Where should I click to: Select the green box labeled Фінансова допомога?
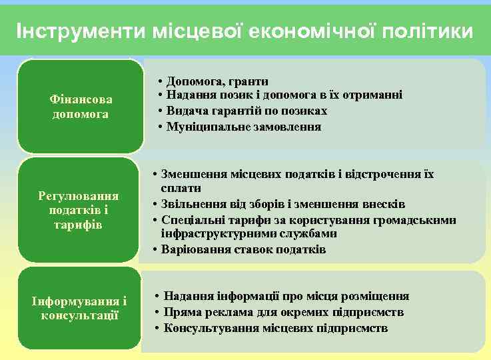tap(81, 107)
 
